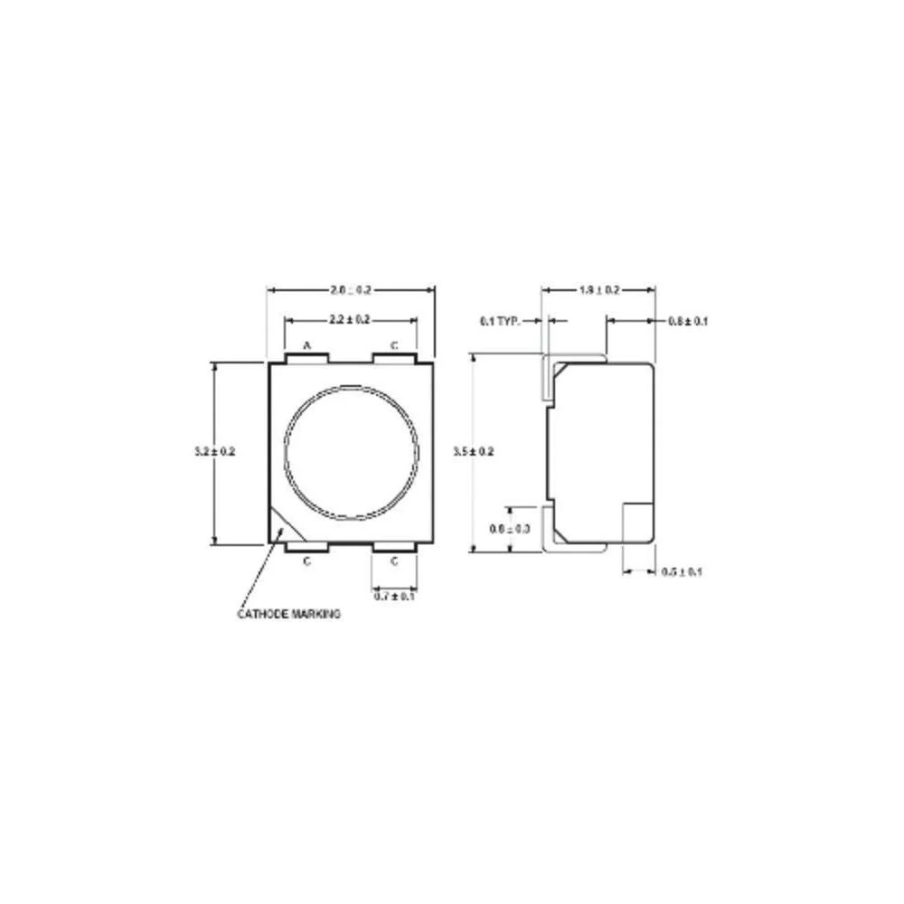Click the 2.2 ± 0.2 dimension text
(x=351, y=319)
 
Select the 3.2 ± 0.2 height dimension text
(x=214, y=451)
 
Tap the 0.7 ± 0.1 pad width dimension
(x=395, y=596)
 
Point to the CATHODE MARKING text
(x=289, y=614)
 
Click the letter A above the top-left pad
(x=306, y=345)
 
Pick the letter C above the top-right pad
(x=394, y=345)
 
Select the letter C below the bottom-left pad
(x=306, y=561)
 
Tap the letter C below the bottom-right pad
(x=394, y=561)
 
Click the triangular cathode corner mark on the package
(x=280, y=530)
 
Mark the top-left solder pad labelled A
(x=306, y=358)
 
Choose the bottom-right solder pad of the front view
(x=394, y=548)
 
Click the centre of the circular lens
(x=352, y=453)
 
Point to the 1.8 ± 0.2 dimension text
(x=598, y=289)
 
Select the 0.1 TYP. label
(x=499, y=321)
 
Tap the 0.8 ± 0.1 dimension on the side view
(x=688, y=321)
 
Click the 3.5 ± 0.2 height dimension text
(x=473, y=451)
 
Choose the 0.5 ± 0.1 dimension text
(x=683, y=571)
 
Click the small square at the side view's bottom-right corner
(x=639, y=523)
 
